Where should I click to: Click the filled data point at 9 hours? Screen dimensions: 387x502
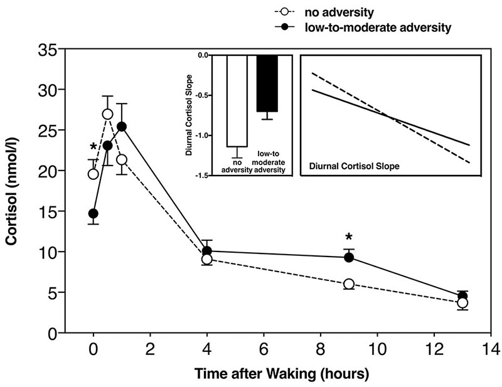pos(349,257)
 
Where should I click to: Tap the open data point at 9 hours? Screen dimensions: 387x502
pos(349,284)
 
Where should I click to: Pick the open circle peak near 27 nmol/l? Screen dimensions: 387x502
pos(107,114)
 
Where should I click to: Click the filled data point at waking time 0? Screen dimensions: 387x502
pos(93,213)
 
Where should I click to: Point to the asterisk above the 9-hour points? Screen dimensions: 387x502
pos(349,238)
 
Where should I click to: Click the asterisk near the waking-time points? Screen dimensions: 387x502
pos(93,147)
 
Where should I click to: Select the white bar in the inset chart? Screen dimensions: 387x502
pos(237,100)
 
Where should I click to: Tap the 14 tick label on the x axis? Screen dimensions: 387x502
pos(490,349)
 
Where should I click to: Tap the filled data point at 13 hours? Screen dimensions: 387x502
pos(462,297)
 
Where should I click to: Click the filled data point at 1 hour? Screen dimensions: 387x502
pos(122,127)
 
